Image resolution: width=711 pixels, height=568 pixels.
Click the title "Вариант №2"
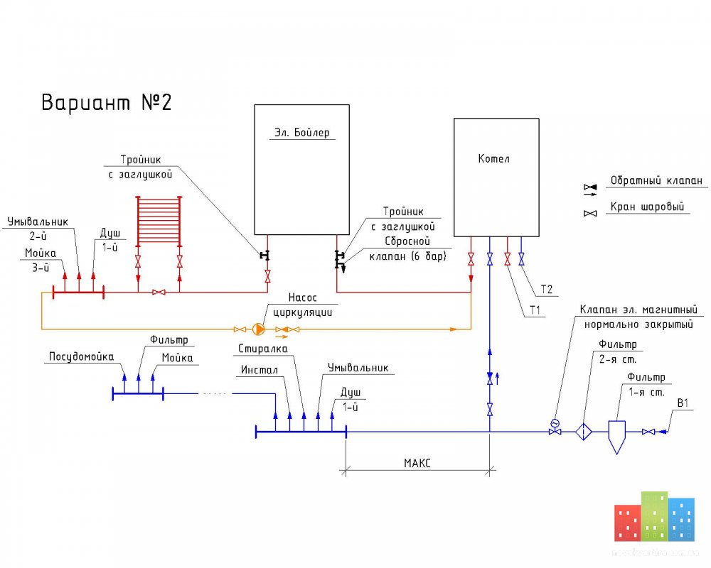pyautogui.click(x=107, y=102)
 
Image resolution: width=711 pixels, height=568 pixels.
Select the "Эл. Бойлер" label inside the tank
pyautogui.click(x=302, y=132)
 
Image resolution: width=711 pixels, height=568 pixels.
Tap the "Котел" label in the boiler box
pyautogui.click(x=494, y=158)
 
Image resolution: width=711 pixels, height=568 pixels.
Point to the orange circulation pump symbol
pyautogui.click(x=259, y=329)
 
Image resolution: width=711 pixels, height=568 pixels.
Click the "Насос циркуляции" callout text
pyautogui.click(x=302, y=305)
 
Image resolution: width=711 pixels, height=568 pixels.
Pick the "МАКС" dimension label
pyautogui.click(x=417, y=463)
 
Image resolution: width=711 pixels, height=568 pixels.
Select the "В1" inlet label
pyautogui.click(x=683, y=403)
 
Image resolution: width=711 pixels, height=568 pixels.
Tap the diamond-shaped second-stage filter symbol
pyautogui.click(x=584, y=432)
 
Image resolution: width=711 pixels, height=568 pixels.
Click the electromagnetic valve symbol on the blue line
pyautogui.click(x=555, y=427)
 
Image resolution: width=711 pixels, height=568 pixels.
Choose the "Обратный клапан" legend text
pyautogui.click(x=656, y=180)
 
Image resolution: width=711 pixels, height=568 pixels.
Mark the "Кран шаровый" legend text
pyautogui.click(x=647, y=207)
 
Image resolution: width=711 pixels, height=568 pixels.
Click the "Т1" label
pyautogui.click(x=535, y=310)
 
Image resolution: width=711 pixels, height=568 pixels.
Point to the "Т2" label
pyautogui.click(x=547, y=290)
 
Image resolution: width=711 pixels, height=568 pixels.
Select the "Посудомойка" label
pyautogui.click(x=81, y=357)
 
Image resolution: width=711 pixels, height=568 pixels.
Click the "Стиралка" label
pyautogui.click(x=263, y=349)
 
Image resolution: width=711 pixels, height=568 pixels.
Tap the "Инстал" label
pyautogui.click(x=260, y=370)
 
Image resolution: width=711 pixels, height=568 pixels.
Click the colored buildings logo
pyautogui.click(x=654, y=516)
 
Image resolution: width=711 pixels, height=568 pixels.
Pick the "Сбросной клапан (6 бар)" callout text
pyautogui.click(x=407, y=248)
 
